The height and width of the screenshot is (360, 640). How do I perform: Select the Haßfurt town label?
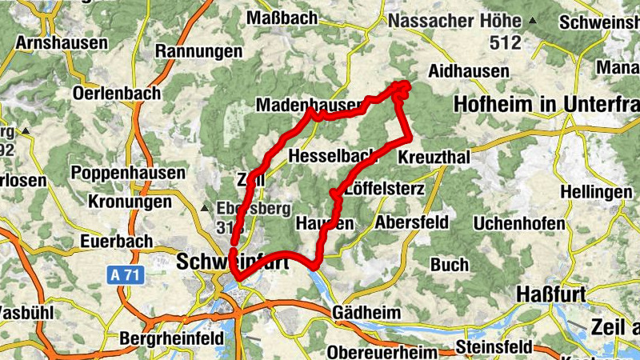pyautogui.click(x=551, y=294)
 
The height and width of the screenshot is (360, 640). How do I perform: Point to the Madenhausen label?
pyautogui.click(x=309, y=106)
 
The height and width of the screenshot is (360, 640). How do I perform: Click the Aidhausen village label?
pyautogui.click(x=469, y=71)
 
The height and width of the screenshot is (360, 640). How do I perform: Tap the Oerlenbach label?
pyautogui.click(x=116, y=93)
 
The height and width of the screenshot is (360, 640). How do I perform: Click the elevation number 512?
pyautogui.click(x=506, y=42)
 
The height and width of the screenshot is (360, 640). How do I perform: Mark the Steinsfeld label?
pyautogui.click(x=493, y=347)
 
